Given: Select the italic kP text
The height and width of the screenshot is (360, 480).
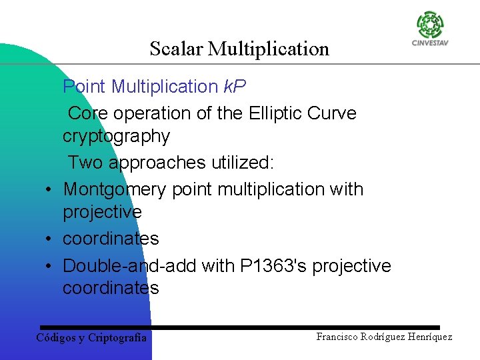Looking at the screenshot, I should click(234, 87).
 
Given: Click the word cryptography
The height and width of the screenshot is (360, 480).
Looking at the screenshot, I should click(116, 137).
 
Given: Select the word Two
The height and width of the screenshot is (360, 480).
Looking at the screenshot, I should click(85, 163).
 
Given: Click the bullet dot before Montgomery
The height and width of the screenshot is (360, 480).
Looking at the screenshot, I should click(50, 190).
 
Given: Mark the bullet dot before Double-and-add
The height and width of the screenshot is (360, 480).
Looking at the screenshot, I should click(50, 266).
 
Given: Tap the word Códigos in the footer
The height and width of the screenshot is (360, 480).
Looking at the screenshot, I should click(56, 337).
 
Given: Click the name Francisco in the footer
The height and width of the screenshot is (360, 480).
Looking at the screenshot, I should click(338, 337).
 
